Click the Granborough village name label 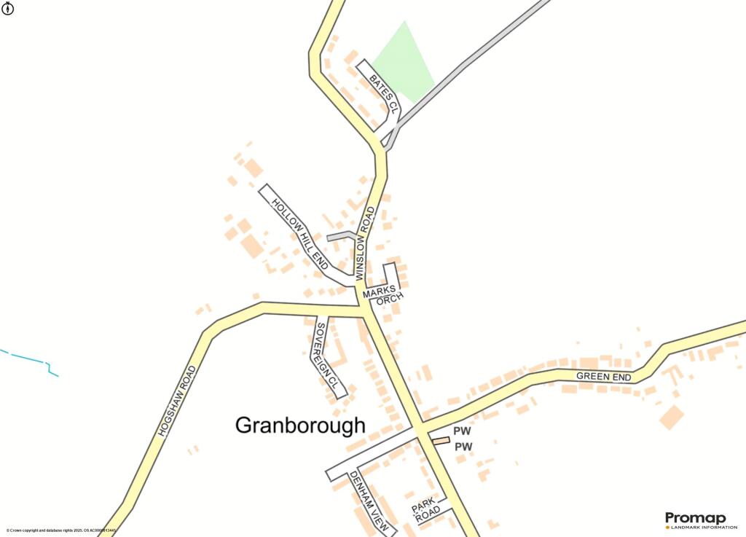coord(300,426)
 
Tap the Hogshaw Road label coord(177,401)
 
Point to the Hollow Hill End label coord(299,231)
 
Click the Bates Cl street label coord(383,93)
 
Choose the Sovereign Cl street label coord(326,358)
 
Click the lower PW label coord(463,447)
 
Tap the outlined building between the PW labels coord(441,440)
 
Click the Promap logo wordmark coord(695,518)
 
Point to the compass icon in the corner coord(8,9)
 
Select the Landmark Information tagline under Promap coord(699,528)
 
